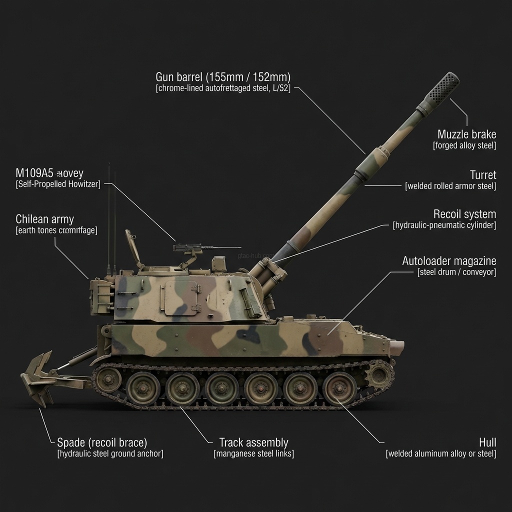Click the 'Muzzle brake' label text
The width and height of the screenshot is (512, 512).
point(466,134)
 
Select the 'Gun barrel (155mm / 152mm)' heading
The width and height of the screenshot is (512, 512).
point(223,77)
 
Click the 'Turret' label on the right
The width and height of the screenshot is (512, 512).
point(482,175)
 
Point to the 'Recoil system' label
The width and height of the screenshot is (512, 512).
point(464,214)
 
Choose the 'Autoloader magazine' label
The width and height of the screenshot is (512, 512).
point(449,261)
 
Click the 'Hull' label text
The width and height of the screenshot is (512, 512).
point(487,442)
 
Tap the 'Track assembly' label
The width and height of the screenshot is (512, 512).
point(253,442)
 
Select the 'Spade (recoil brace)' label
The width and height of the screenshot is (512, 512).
point(102,442)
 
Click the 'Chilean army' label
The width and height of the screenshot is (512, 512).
point(44,219)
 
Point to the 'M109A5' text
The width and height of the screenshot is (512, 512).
point(34,173)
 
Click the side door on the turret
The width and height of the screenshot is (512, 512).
point(182,297)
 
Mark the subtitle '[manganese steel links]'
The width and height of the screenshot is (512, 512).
point(253,454)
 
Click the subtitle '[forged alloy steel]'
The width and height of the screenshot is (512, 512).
point(464,145)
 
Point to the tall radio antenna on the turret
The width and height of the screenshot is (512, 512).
point(109,215)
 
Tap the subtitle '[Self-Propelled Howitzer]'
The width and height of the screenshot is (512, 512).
point(57,184)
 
